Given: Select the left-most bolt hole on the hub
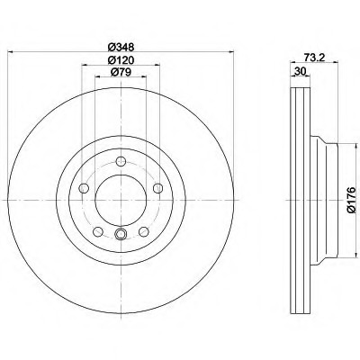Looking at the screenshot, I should [83, 187].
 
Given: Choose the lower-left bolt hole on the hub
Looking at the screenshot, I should [98, 231].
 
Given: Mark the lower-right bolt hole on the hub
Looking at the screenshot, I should [143, 231].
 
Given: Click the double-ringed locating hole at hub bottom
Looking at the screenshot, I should [121, 237].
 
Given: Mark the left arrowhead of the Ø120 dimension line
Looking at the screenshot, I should [85, 67].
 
